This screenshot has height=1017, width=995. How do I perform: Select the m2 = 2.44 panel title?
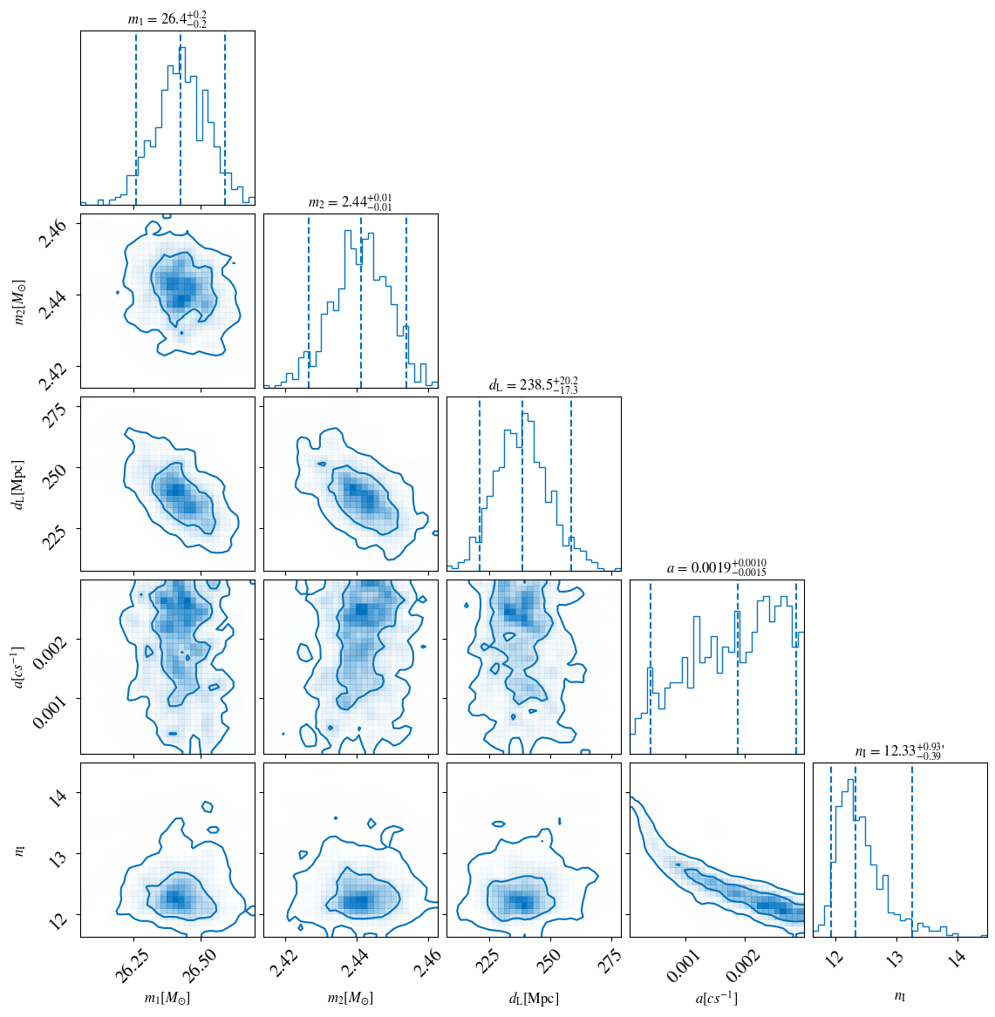pyautogui.click(x=350, y=202)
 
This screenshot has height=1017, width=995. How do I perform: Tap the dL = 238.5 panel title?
pyautogui.click(x=533, y=385)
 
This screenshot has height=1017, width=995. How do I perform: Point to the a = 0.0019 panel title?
pyautogui.click(x=716, y=567)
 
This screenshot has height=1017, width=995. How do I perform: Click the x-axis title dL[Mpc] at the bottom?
pyautogui.click(x=534, y=999)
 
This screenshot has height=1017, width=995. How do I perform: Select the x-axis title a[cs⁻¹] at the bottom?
pyautogui.click(x=716, y=999)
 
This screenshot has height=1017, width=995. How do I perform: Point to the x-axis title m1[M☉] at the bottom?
pyautogui.click(x=167, y=999)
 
